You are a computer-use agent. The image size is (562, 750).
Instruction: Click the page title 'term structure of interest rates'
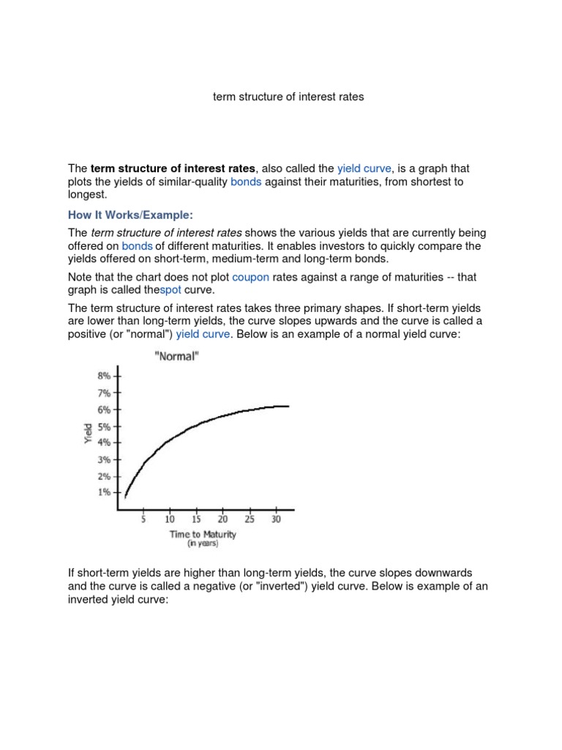click(x=288, y=97)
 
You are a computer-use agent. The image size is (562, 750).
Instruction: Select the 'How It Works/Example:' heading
click(x=130, y=215)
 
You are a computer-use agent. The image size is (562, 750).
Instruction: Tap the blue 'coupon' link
click(x=250, y=278)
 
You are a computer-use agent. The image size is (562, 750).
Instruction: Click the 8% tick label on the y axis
click(x=104, y=376)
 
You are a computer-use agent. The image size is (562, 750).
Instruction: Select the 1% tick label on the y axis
click(x=104, y=492)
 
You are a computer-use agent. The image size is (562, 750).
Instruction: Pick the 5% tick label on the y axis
click(x=104, y=426)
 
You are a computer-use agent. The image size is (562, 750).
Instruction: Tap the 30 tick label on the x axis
click(x=276, y=519)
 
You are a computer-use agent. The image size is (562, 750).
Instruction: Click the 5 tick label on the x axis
click(x=143, y=519)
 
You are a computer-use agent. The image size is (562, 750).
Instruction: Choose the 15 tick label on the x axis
click(x=196, y=519)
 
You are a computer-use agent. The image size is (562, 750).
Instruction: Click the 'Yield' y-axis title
click(x=88, y=434)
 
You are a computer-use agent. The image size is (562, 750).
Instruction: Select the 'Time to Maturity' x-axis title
click(x=203, y=534)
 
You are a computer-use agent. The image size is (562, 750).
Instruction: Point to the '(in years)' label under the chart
click(x=202, y=543)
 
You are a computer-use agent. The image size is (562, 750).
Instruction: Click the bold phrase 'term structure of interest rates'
click(x=173, y=168)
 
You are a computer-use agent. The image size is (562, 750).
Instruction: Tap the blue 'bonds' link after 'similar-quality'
click(x=246, y=182)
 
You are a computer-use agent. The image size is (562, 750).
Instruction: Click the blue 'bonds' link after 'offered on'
click(x=137, y=246)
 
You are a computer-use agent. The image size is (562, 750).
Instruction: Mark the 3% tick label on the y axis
click(x=104, y=460)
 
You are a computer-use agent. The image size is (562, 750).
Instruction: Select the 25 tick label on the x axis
click(x=250, y=519)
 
